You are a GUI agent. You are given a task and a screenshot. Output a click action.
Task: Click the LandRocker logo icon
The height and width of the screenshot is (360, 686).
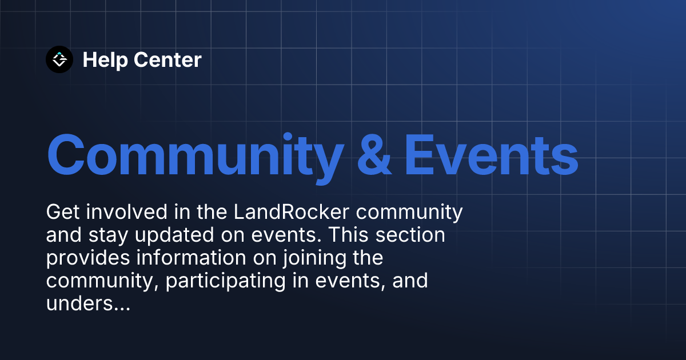coord(59,59)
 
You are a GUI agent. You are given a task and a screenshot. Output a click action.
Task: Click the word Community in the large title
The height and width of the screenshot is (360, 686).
coord(194,154)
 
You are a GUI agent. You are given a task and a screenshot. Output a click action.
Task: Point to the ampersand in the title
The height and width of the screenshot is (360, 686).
coord(374,154)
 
